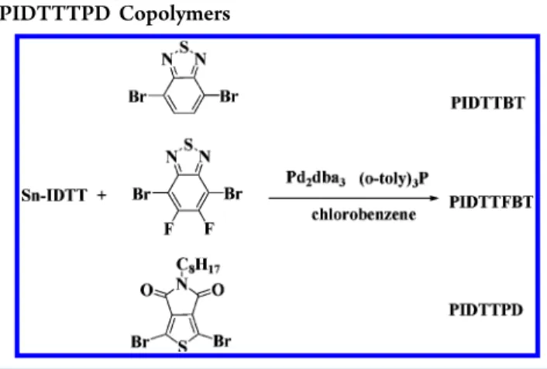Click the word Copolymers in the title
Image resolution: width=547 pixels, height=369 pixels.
pos(174,15)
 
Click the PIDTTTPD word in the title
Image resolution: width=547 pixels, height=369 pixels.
pos(55,14)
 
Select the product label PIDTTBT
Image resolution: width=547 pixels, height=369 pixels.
pos(487,103)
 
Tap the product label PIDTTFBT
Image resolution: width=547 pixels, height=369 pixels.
pos(491,202)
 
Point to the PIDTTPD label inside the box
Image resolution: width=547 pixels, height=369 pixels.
pos(486,309)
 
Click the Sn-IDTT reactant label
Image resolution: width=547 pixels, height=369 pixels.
pos(53,195)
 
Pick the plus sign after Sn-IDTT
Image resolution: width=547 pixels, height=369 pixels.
pos(101,195)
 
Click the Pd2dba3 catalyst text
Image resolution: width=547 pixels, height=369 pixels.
pos(315,178)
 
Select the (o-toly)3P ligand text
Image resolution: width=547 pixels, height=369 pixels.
pos(394,179)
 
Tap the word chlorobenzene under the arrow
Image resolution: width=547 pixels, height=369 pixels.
pos(364,215)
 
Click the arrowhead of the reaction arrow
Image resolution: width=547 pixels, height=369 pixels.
pos(434,198)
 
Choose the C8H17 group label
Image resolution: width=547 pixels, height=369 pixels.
pos(198,266)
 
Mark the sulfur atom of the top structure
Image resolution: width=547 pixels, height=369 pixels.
pos(184,47)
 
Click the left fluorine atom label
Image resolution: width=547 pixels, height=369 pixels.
pos(169,229)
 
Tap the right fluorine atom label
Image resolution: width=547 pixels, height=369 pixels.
pos(209,229)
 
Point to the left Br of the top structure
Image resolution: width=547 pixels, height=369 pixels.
pos(137,97)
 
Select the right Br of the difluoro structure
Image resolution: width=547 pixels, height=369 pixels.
pos(233,194)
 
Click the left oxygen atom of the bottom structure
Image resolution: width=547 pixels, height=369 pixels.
pos(146,290)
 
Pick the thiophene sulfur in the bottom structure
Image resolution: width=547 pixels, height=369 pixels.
pos(182,347)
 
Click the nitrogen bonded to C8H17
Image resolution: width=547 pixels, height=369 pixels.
pos(182,285)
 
